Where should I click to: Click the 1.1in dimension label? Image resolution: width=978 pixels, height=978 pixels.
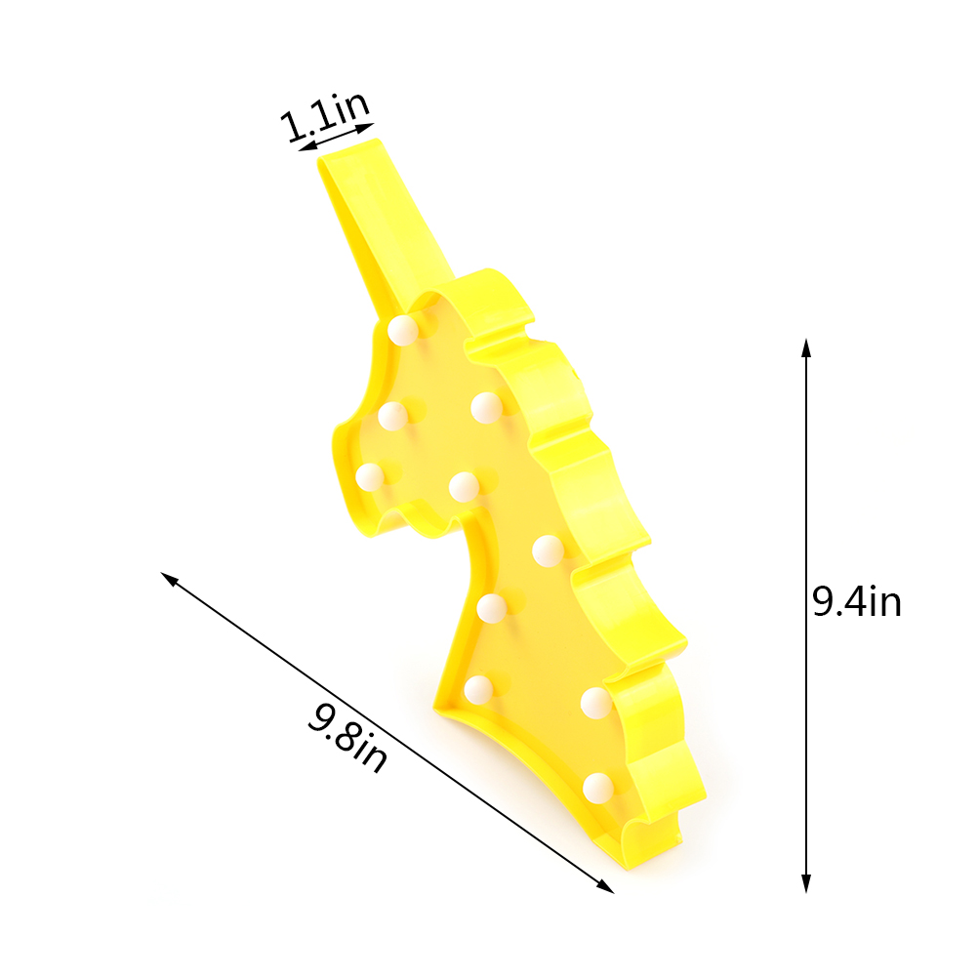click(x=324, y=116)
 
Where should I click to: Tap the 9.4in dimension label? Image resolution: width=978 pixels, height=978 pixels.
click(x=857, y=601)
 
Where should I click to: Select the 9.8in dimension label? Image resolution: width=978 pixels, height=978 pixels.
click(x=347, y=738)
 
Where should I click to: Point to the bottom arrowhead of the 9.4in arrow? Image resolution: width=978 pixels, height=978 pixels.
click(x=806, y=884)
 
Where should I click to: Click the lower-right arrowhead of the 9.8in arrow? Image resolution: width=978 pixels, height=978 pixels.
click(x=606, y=887)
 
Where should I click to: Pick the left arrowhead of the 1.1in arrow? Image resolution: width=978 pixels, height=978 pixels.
click(x=306, y=147)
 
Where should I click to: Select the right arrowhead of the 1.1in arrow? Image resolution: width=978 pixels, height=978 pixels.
click(x=365, y=127)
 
